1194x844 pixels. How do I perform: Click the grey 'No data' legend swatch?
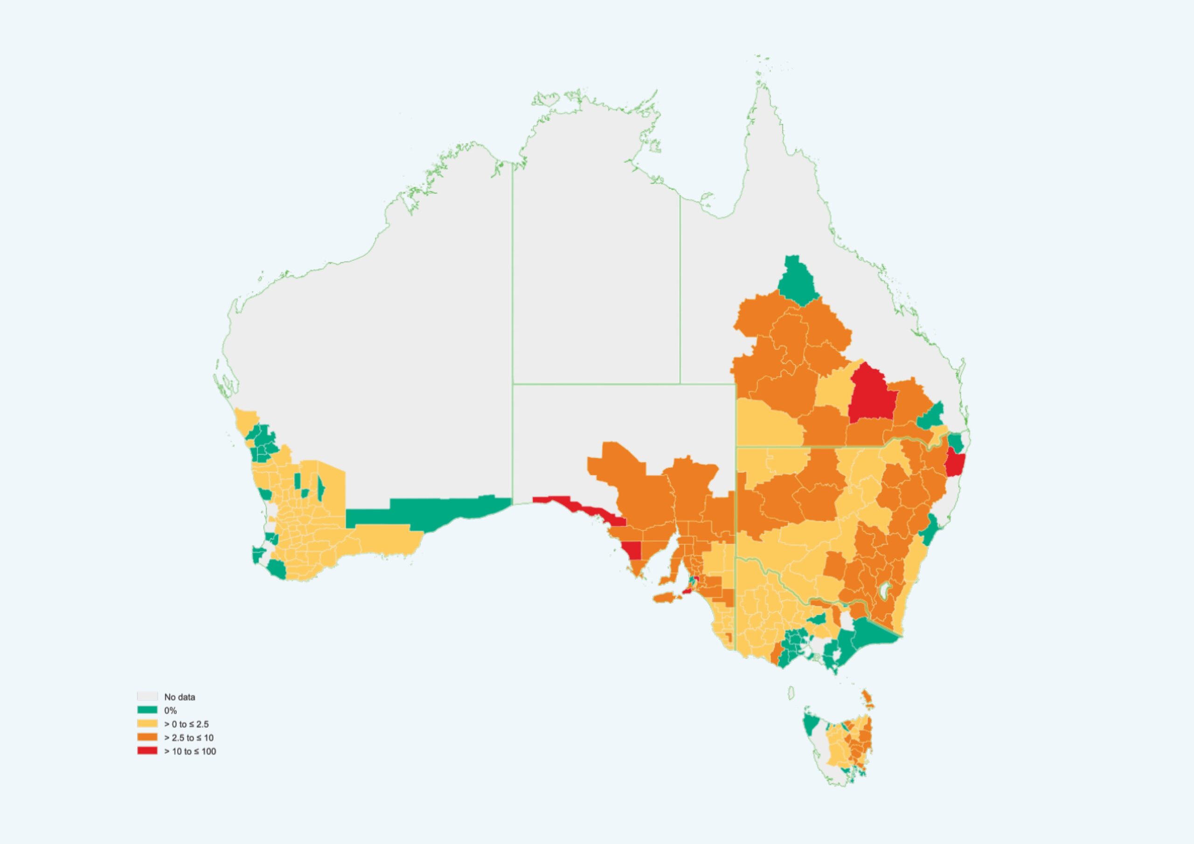[x=147, y=696]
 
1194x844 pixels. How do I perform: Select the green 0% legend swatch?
[x=147, y=710]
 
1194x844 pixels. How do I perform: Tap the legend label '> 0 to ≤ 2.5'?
[x=186, y=724]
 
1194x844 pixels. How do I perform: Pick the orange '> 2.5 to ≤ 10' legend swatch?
[x=147, y=737]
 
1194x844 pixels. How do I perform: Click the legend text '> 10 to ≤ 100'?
[x=190, y=751]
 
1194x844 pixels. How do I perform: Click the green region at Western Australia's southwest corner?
[x=277, y=569]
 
